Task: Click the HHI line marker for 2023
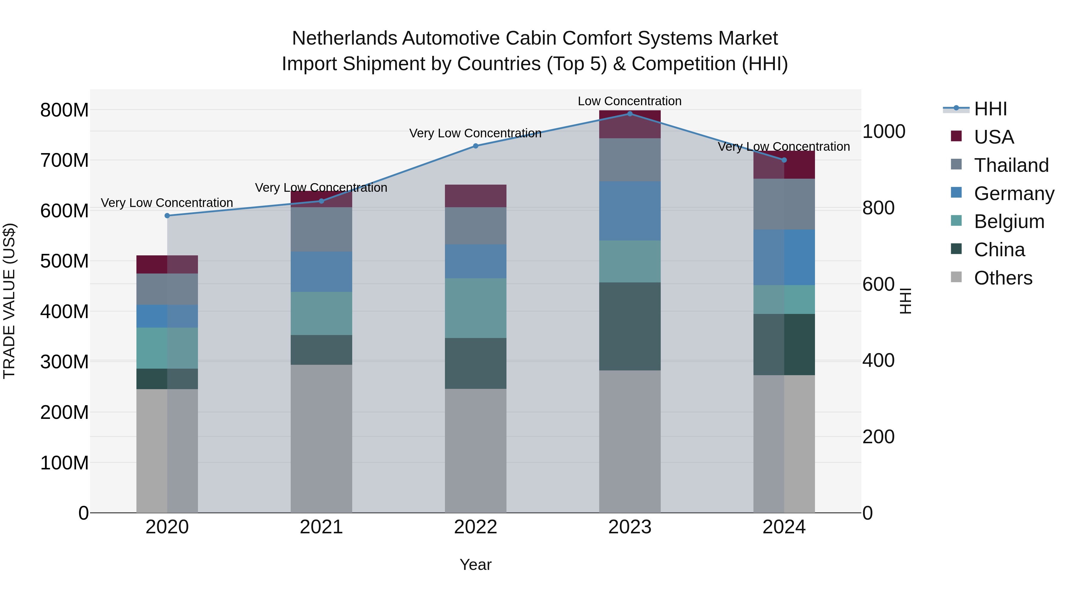pyautogui.click(x=630, y=114)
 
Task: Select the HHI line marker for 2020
pyautogui.click(x=167, y=216)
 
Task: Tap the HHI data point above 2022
pyautogui.click(x=476, y=146)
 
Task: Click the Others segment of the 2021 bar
pyautogui.click(x=321, y=438)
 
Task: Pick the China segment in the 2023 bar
pyautogui.click(x=630, y=326)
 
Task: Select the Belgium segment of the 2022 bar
pyautogui.click(x=476, y=308)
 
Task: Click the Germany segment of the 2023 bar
pyautogui.click(x=630, y=211)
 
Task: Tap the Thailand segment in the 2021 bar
pyautogui.click(x=321, y=229)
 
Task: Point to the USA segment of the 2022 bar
pyautogui.click(x=476, y=196)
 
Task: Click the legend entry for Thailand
pyautogui.click(x=1011, y=165)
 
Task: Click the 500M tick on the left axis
pyautogui.click(x=64, y=261)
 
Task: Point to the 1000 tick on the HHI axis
pyautogui.click(x=884, y=132)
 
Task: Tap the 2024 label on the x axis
pyautogui.click(x=784, y=527)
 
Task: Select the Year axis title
pyautogui.click(x=475, y=565)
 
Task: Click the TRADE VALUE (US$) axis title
pyautogui.click(x=10, y=301)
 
